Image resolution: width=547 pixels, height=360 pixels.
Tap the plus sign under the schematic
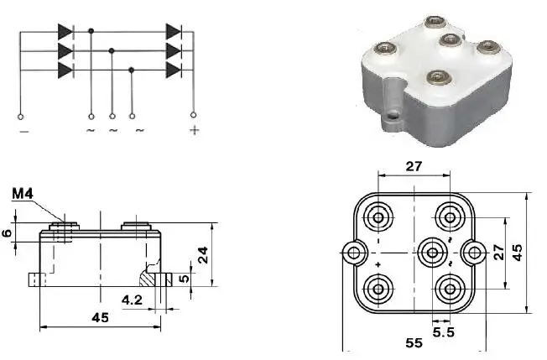tap(194, 131)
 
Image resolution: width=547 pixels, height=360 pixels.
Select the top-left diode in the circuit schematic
tap(65, 32)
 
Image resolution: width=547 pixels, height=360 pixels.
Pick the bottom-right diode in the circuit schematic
tap(174, 71)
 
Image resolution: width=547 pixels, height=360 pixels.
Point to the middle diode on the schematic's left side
tap(65, 52)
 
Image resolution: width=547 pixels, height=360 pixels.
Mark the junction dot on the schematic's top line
tap(91, 32)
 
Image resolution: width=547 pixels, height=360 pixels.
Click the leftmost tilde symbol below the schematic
tap(91, 131)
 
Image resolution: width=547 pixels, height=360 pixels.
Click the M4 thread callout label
tap(23, 196)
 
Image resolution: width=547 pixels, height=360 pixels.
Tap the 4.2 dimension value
tap(132, 299)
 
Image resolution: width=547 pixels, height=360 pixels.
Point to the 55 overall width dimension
tap(414, 343)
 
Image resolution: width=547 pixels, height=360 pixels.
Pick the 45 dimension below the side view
tap(99, 317)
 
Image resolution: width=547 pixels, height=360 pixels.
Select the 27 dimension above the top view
tap(414, 166)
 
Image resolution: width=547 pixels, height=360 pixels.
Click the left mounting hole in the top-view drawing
tap(354, 252)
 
